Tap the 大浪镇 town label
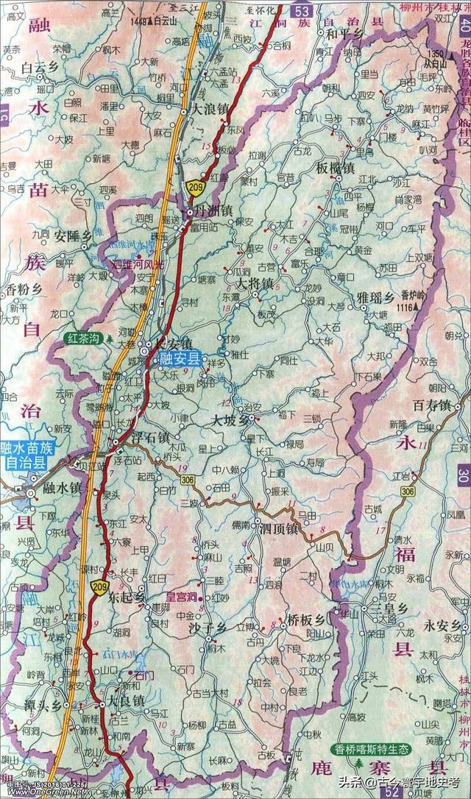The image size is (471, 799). pyautogui.click(x=210, y=107)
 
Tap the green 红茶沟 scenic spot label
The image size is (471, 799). pyautogui.click(x=82, y=338)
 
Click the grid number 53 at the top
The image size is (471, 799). pyautogui.click(x=300, y=10)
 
